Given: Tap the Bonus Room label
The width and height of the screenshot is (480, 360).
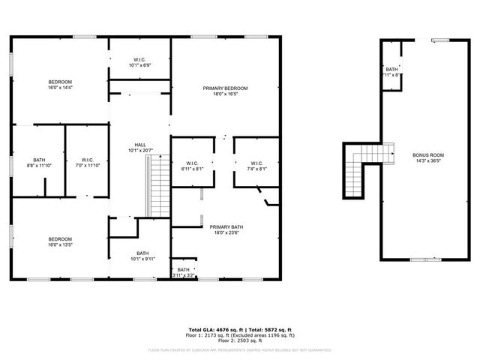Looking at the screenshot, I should [x=428, y=155].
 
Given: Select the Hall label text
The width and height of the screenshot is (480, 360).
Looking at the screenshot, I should [x=140, y=145].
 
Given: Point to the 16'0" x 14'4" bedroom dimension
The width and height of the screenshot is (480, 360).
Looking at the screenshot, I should [x=60, y=88].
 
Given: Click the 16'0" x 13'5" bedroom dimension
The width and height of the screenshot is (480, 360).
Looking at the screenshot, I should [x=60, y=244].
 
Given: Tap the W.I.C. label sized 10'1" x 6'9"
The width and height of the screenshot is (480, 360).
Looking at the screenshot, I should [x=140, y=59].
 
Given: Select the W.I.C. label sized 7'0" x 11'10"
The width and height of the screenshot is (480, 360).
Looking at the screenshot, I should [x=87, y=160].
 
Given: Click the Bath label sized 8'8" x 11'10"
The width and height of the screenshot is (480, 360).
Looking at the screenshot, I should [x=39, y=160].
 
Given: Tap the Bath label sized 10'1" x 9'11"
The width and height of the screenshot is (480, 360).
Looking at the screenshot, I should [x=142, y=253].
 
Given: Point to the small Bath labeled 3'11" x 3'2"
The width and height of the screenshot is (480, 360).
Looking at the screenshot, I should [x=184, y=270].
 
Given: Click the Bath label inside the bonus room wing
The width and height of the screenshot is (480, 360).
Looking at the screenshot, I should [x=392, y=69].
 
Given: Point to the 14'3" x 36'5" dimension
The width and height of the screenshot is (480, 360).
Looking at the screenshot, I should [x=428, y=160].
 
